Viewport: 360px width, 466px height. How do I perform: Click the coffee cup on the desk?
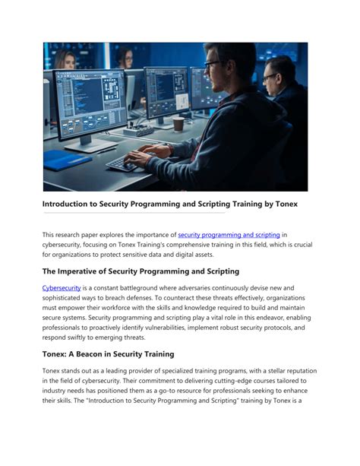[x=178, y=123]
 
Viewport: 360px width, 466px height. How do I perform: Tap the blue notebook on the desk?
[x=67, y=159]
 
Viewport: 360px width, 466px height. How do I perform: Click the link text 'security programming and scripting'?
[x=229, y=235]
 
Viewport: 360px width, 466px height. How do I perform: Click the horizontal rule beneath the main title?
[x=134, y=214]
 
